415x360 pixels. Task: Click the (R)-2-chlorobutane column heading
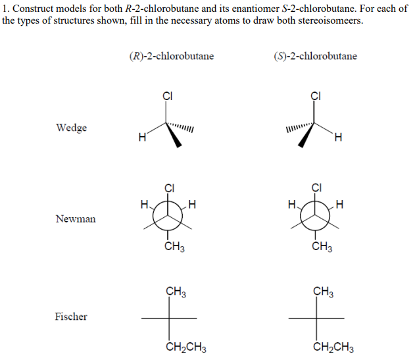pyautogui.click(x=172, y=56)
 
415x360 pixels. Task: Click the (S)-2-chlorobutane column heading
pyautogui.click(x=315, y=56)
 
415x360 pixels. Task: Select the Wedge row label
pyautogui.click(x=72, y=128)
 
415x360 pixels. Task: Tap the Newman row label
pyautogui.click(x=75, y=219)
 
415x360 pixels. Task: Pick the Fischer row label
pyautogui.click(x=71, y=317)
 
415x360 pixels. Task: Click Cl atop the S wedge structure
pyautogui.click(x=316, y=94)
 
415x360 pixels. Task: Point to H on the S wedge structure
pyautogui.click(x=339, y=137)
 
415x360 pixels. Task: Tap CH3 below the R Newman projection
pyautogui.click(x=174, y=248)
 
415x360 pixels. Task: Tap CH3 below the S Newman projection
pyautogui.click(x=322, y=248)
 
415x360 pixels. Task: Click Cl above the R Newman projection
pyautogui.click(x=168, y=188)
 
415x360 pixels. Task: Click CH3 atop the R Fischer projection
pyautogui.click(x=176, y=291)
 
